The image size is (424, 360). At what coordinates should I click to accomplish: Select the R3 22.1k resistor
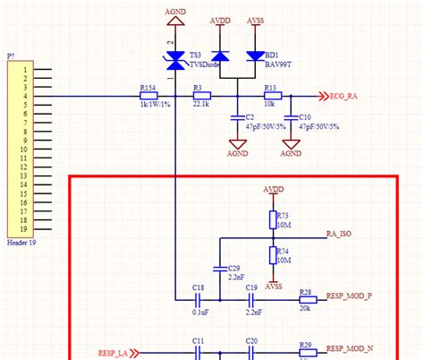pyautogui.click(x=201, y=96)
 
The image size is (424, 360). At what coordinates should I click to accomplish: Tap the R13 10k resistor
pyautogui.click(x=272, y=96)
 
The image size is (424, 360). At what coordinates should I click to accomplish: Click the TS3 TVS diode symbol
pyautogui.click(x=176, y=60)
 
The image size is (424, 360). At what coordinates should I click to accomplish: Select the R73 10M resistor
pyautogui.click(x=272, y=220)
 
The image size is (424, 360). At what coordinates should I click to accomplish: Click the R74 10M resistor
pyautogui.click(x=272, y=256)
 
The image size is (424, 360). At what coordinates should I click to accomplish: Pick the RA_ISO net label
pyautogui.click(x=338, y=235)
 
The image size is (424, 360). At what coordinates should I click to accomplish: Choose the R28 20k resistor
pyautogui.click(x=305, y=301)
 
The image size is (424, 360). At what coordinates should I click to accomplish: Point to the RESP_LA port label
pyautogui.click(x=114, y=353)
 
